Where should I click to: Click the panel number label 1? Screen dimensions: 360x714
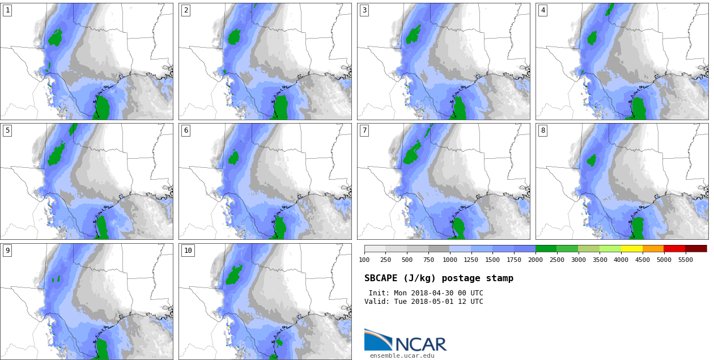tap(7, 10)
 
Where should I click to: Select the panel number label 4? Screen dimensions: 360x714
tap(543, 10)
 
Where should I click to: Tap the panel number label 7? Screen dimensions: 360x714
tap(364, 130)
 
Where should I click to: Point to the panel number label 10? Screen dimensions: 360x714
tap(188, 251)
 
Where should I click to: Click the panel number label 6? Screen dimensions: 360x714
tap(186, 130)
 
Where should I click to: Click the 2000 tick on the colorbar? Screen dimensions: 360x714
tap(535, 260)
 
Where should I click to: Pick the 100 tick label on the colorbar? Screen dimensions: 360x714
tap(364, 260)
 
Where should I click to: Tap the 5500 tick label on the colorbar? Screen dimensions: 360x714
tap(685, 260)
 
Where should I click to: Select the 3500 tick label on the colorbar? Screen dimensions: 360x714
tap(600, 260)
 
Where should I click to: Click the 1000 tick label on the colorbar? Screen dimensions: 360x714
tap(450, 260)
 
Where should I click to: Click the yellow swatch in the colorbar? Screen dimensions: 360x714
tap(631, 248)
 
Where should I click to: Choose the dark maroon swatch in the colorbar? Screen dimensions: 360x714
tap(696, 248)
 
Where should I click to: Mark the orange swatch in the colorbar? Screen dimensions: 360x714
tap(653, 248)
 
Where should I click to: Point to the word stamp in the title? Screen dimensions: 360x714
tap(499, 278)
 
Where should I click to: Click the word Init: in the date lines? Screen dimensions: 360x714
tap(379, 293)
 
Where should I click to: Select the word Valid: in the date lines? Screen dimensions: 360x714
tap(377, 302)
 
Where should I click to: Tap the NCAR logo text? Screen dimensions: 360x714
tap(420, 344)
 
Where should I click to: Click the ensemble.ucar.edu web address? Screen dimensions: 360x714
tap(402, 355)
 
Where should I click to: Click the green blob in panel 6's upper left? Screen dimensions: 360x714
tap(233, 158)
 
